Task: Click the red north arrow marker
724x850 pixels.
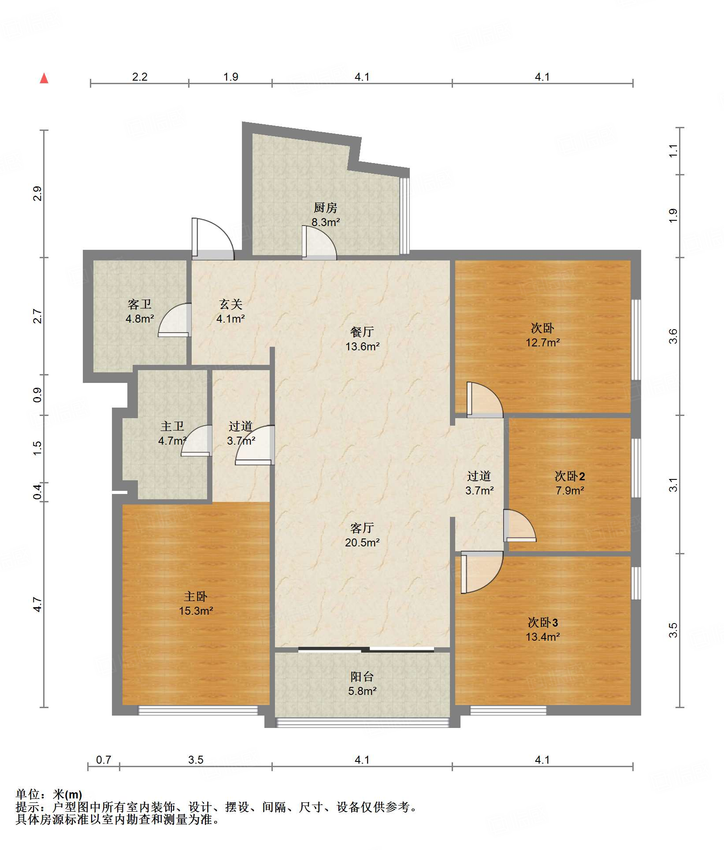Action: point(44,78)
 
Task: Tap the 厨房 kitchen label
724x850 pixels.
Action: point(326,207)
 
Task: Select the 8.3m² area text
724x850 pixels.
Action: point(326,222)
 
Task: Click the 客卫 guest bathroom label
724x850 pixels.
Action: point(140,304)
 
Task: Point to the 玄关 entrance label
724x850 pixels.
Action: point(231,304)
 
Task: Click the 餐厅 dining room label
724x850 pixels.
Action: point(362,332)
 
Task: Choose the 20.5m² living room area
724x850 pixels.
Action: point(362,542)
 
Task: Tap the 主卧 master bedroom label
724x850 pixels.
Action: point(196,596)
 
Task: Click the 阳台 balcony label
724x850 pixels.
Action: point(362,676)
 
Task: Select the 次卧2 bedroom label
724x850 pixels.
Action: point(570,476)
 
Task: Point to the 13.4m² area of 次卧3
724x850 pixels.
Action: point(543,637)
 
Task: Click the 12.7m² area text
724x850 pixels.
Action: point(543,342)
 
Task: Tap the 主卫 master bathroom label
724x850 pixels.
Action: point(172,426)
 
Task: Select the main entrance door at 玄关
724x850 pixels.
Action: point(213,238)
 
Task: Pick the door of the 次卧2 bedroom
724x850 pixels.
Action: point(520,526)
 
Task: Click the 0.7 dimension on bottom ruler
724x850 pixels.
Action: point(104,760)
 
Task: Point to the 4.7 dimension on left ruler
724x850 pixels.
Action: point(37,605)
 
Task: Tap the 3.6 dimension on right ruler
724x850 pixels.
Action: point(673,337)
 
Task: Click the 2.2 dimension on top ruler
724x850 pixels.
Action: point(140,77)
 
